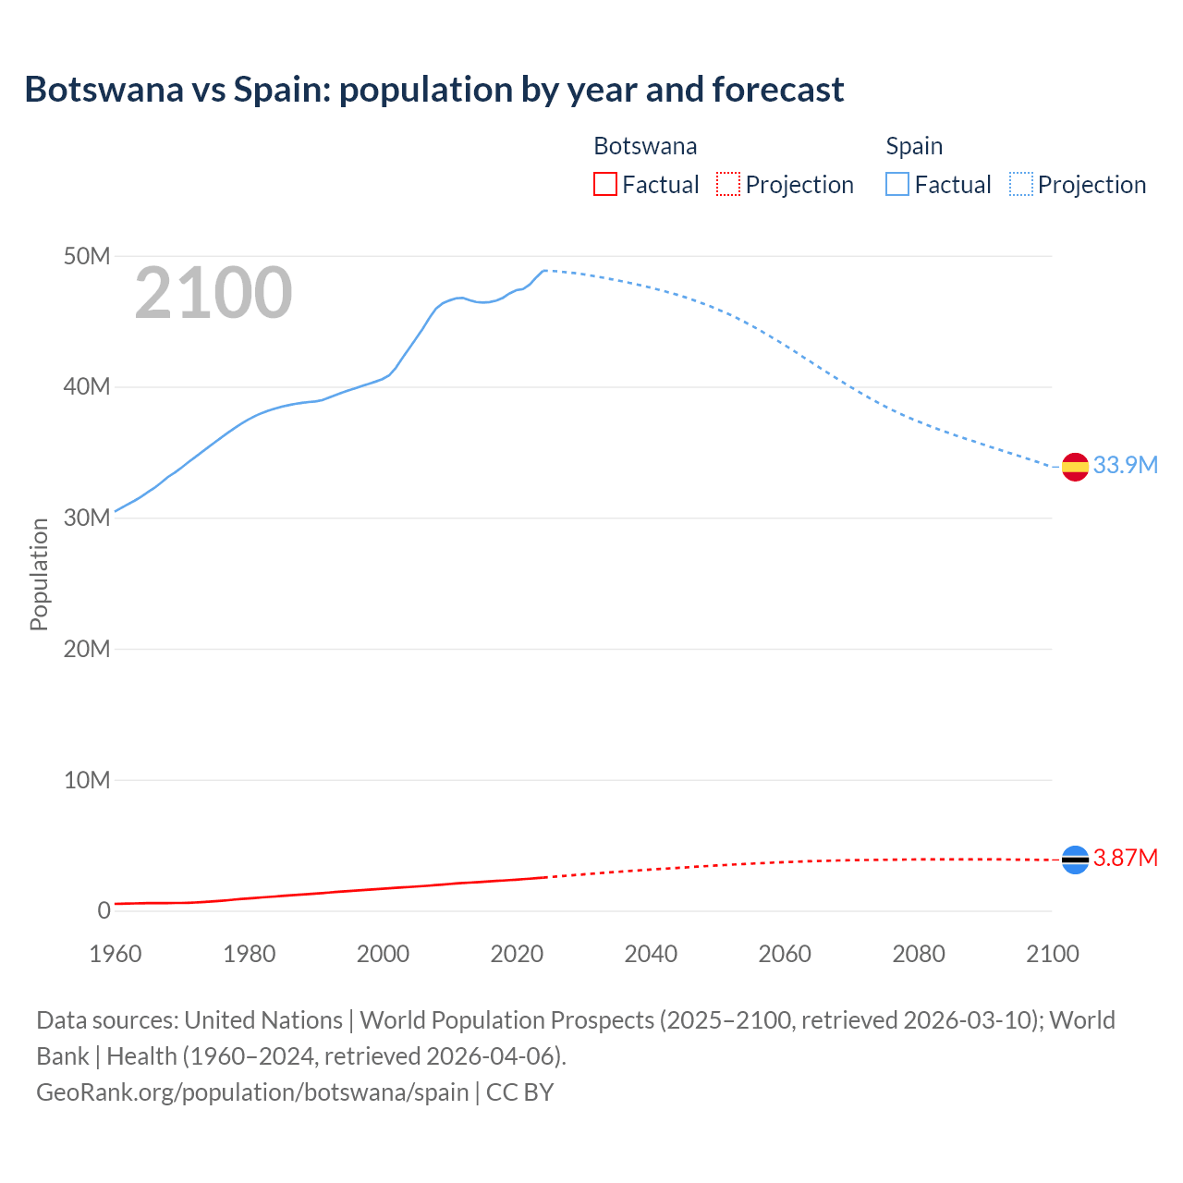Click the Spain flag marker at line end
pyautogui.click(x=1075, y=468)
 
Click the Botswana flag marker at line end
pyautogui.click(x=1075, y=860)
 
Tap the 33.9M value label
pyautogui.click(x=1125, y=465)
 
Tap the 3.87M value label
pyautogui.click(x=1125, y=859)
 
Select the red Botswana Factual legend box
pyautogui.click(x=604, y=185)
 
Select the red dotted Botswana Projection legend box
pyautogui.click(x=728, y=185)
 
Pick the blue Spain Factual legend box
pyautogui.click(x=896, y=185)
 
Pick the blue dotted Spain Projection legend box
pyautogui.click(x=1020, y=185)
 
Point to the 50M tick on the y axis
pyautogui.click(x=87, y=256)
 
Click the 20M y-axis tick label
pyautogui.click(x=87, y=649)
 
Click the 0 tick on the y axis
pyautogui.click(x=104, y=911)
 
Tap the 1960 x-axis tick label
pyautogui.click(x=116, y=954)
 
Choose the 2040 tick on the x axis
pyautogui.click(x=651, y=954)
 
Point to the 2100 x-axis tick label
pyautogui.click(x=1052, y=954)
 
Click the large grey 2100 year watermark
pyautogui.click(x=213, y=293)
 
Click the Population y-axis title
pyautogui.click(x=39, y=574)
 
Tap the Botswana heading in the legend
pyautogui.click(x=645, y=146)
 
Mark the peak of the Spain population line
pyautogui.click(x=544, y=271)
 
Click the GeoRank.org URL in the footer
pyautogui.click(x=252, y=1092)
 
